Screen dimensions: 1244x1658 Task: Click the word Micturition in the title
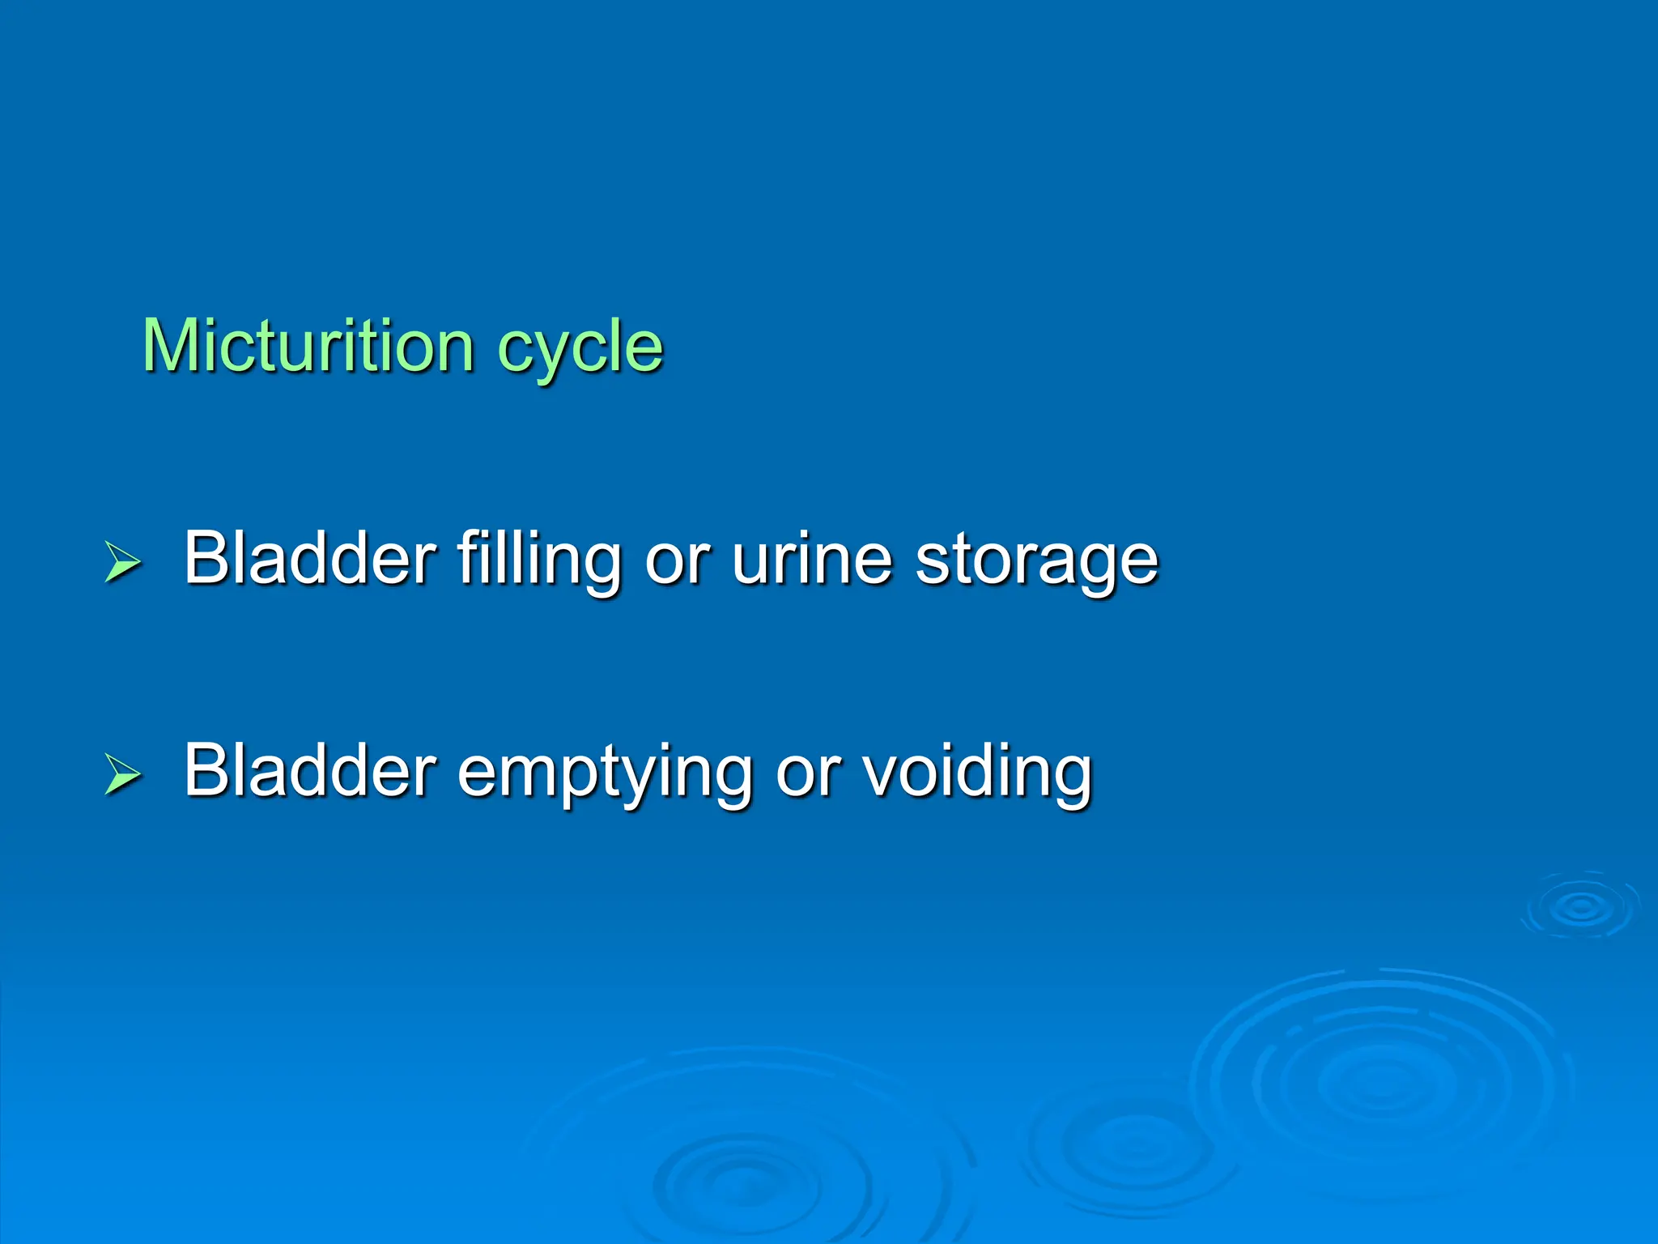(x=308, y=347)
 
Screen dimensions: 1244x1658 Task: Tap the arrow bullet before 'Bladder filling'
(x=123, y=562)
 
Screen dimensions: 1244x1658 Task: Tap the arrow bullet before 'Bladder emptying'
(x=123, y=773)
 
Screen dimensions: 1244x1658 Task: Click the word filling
(x=539, y=559)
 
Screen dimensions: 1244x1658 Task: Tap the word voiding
(x=977, y=771)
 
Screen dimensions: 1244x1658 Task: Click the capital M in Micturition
(x=172, y=347)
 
